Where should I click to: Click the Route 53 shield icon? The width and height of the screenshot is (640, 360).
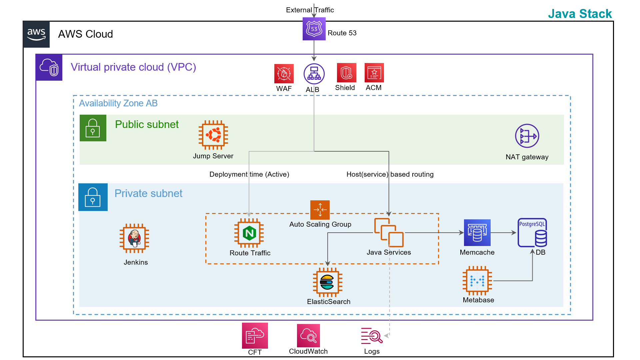click(x=314, y=29)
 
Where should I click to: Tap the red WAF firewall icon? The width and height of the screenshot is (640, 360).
click(x=284, y=73)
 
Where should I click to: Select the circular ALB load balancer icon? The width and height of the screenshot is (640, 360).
click(x=314, y=74)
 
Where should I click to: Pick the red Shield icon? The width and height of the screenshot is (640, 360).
click(x=346, y=72)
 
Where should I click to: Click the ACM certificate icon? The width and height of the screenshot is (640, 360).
click(x=374, y=72)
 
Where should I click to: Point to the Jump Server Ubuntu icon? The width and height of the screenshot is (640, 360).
click(x=213, y=135)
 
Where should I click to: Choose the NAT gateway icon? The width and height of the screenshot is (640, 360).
click(x=527, y=136)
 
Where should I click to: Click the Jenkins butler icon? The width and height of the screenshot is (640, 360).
click(x=134, y=238)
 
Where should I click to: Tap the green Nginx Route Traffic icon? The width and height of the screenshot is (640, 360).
click(x=249, y=233)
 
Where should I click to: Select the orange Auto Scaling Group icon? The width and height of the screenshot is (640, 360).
click(x=320, y=210)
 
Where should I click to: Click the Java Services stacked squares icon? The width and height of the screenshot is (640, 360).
click(x=389, y=232)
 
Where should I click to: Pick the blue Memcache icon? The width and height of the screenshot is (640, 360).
click(x=477, y=232)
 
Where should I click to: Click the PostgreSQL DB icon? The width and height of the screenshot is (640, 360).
click(x=532, y=233)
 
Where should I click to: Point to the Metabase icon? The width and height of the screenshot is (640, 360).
click(x=477, y=281)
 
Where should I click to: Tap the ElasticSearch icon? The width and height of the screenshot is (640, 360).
click(x=327, y=282)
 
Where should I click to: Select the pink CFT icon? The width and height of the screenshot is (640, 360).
click(x=255, y=335)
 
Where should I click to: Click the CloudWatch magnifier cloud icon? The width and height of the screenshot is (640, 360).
click(x=308, y=336)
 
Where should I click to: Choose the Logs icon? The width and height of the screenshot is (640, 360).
click(x=372, y=336)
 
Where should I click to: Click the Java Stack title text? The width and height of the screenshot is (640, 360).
click(x=580, y=14)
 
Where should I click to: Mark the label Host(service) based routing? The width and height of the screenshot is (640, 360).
click(x=390, y=174)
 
